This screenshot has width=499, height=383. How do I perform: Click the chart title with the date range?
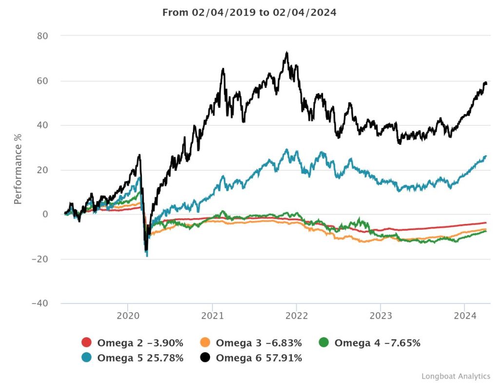click(249, 13)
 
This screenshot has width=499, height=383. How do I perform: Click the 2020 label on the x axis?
click(128, 316)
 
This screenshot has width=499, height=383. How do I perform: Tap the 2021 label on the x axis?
click(212, 316)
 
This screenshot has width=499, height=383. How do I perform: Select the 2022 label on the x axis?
click(296, 316)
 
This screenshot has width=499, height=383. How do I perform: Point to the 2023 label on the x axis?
click(381, 316)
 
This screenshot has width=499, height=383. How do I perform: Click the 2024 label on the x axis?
click(465, 316)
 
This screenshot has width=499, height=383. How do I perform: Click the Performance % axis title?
click(18, 169)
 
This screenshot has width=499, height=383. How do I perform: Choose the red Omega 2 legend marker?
click(87, 343)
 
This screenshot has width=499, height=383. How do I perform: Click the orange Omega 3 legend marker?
click(205, 343)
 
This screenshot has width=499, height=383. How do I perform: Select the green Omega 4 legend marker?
click(324, 343)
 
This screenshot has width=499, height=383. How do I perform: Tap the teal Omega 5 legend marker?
click(87, 358)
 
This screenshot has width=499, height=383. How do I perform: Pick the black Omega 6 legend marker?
click(205, 358)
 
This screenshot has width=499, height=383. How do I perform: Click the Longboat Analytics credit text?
click(456, 376)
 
